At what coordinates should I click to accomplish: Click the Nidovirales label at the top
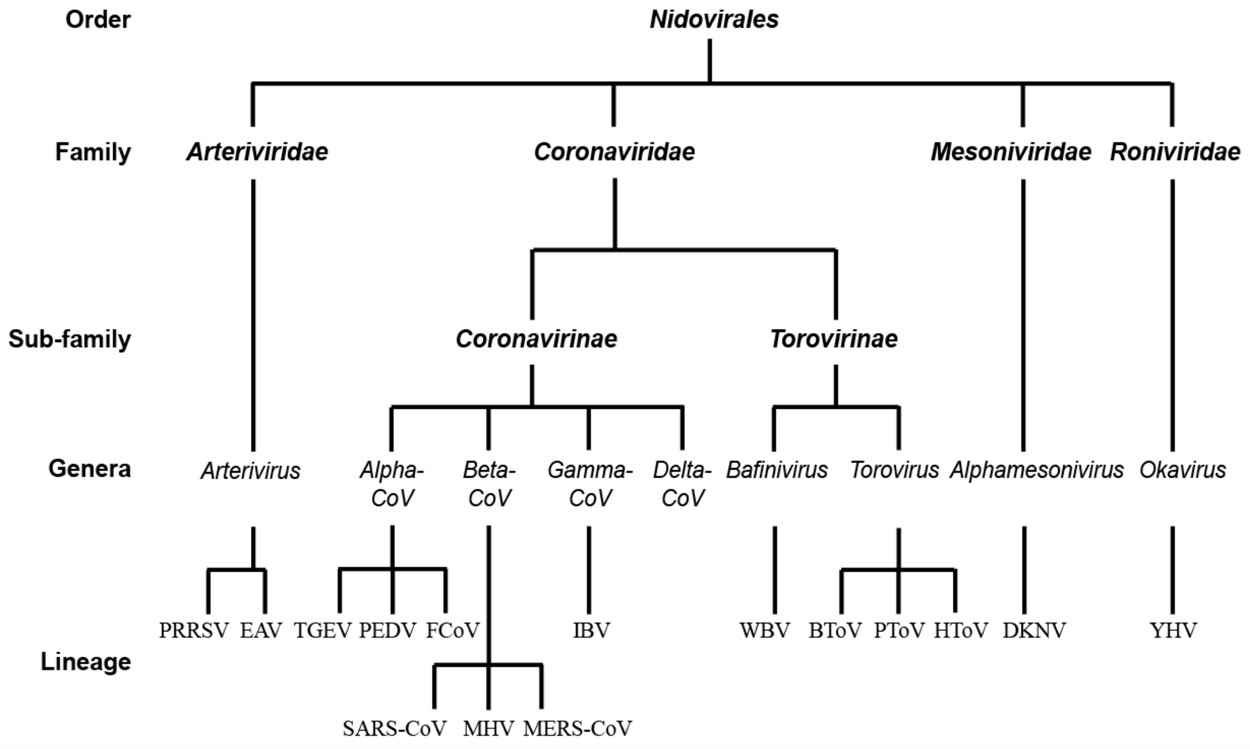tap(714, 19)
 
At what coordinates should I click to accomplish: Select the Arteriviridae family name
tap(257, 152)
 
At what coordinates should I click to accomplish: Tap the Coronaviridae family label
tap(614, 152)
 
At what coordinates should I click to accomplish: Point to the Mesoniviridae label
tap(1011, 152)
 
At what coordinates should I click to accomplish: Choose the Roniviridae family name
tap(1175, 152)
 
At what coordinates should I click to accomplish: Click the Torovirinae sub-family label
tap(834, 339)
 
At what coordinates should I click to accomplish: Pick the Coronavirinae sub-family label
tap(536, 339)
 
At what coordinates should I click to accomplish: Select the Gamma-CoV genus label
tap(590, 484)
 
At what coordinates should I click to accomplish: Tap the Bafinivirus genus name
tap(777, 470)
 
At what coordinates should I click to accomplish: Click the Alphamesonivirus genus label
tap(1036, 470)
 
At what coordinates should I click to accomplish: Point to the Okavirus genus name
tap(1182, 470)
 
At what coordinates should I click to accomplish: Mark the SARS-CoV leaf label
tap(394, 728)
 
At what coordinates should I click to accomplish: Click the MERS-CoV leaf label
tap(577, 728)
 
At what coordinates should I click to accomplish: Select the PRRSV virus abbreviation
tap(194, 631)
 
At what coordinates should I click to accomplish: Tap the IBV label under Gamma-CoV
tap(591, 631)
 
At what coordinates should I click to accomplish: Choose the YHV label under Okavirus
tap(1173, 631)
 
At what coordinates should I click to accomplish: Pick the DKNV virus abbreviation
tap(1034, 631)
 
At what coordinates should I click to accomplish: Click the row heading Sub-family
tap(69, 339)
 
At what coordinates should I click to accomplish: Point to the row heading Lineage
tap(86, 662)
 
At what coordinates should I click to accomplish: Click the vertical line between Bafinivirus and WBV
tap(775, 570)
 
